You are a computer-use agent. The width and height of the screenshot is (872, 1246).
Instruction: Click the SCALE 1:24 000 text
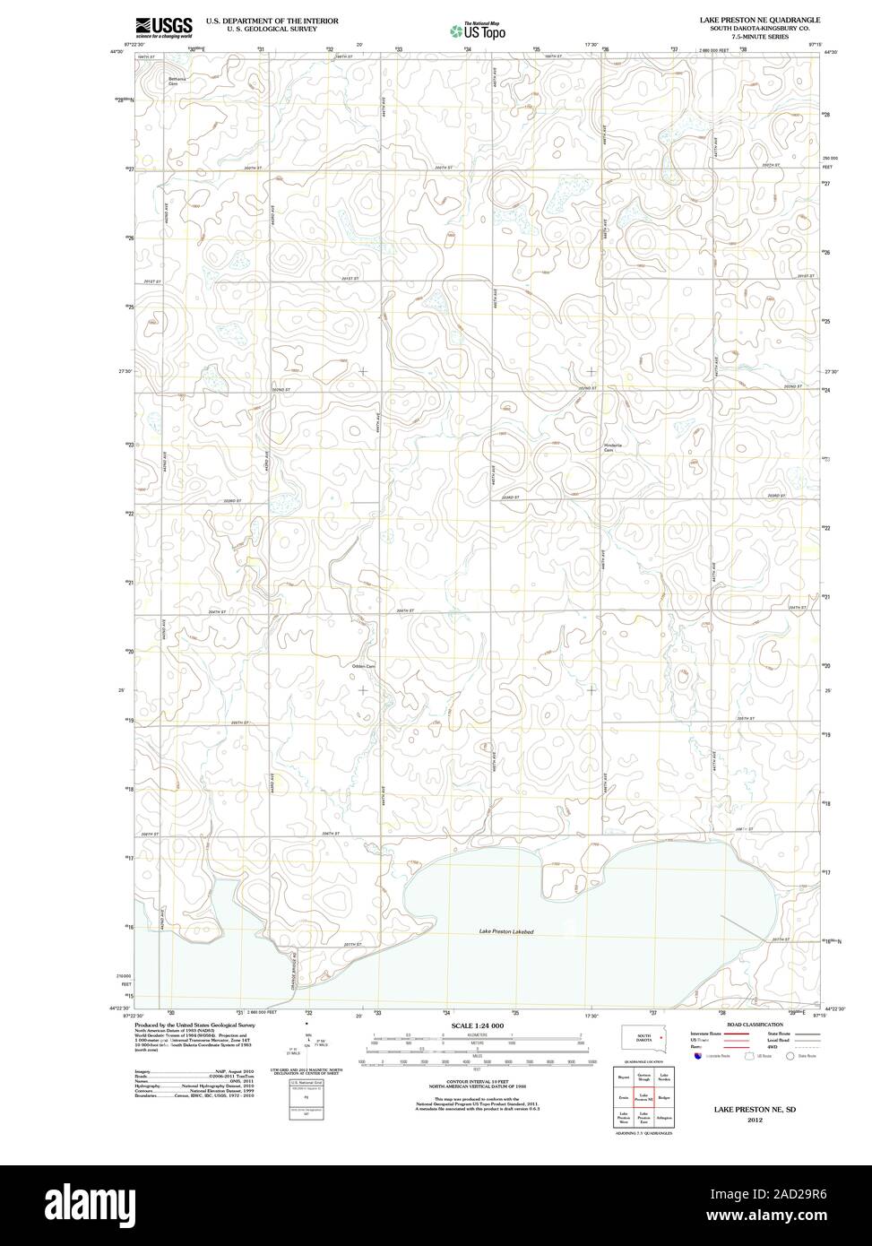coord(478,1025)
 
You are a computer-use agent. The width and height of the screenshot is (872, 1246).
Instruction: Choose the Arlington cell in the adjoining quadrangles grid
coord(664,1119)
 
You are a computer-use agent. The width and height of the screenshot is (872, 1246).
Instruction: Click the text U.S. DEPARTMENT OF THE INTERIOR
coord(272,20)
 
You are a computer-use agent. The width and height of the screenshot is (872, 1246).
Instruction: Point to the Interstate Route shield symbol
coord(695,1057)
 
